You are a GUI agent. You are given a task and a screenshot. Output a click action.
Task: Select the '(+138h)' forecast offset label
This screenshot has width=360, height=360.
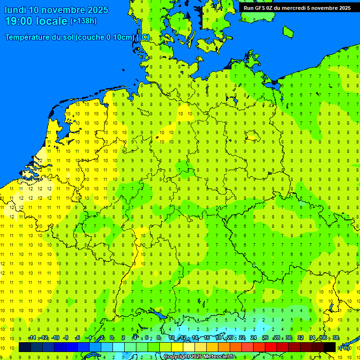(83, 21)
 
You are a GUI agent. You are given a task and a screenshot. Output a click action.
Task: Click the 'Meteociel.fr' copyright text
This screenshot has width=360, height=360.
(218, 357)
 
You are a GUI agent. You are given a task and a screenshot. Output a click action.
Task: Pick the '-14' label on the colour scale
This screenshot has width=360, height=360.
(32, 338)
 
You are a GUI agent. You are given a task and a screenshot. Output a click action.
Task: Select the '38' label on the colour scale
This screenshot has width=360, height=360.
(336, 338)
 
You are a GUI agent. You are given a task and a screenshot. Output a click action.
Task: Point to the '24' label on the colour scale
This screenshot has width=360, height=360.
(254, 338)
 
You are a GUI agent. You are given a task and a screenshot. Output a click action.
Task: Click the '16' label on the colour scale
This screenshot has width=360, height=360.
(207, 338)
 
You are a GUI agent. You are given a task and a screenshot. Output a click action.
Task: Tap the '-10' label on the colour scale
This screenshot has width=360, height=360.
(55, 338)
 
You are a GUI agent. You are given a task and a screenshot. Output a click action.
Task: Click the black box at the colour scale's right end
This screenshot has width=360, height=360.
(330, 347)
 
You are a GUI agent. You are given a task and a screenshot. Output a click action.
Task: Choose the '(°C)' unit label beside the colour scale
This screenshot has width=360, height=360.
(345, 347)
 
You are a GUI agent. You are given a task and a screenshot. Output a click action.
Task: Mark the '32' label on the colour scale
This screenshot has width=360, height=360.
(300, 338)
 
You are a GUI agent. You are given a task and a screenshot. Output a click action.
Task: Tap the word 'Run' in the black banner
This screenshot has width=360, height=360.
(249, 8)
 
